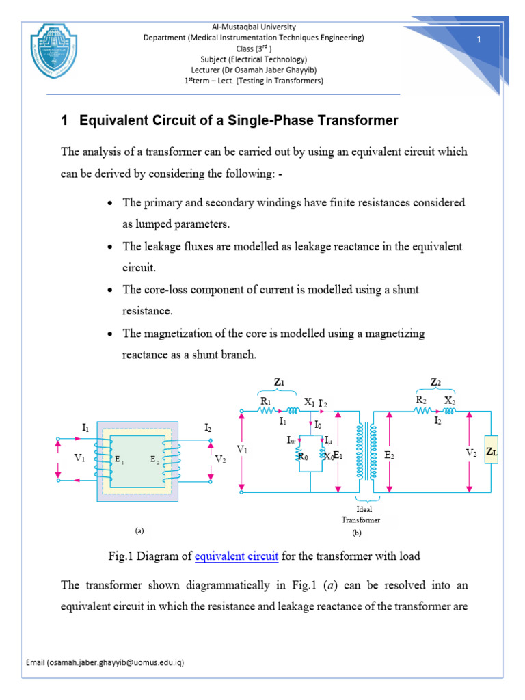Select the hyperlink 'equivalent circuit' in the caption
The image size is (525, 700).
click(x=237, y=556)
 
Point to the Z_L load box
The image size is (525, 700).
click(x=491, y=452)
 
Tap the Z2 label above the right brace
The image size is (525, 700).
click(x=435, y=381)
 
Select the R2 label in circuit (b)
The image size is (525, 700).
click(x=422, y=401)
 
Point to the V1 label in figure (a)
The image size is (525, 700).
click(x=81, y=458)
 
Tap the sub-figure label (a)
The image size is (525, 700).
click(x=139, y=530)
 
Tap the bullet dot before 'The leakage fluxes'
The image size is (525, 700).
click(x=111, y=246)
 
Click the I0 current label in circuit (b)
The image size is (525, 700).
click(x=319, y=425)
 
